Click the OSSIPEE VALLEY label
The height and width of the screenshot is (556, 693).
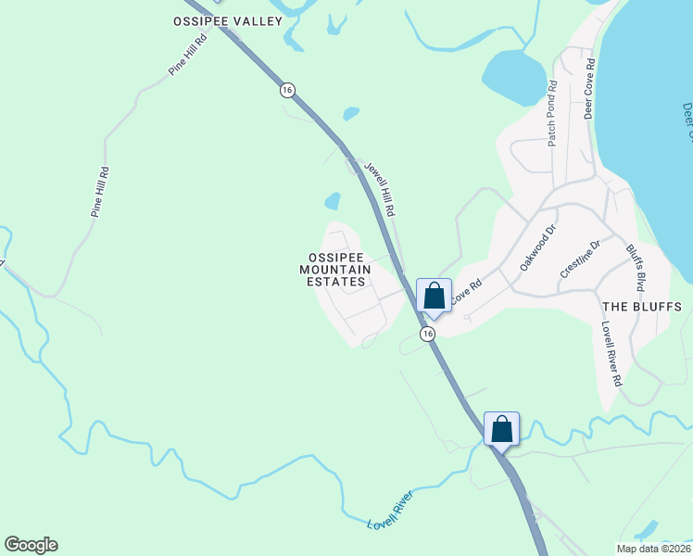(227, 20)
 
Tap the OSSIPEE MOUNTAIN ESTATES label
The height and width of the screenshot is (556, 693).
(334, 269)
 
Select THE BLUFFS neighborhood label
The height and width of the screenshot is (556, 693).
(642, 307)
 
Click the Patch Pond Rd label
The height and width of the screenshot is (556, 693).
(551, 113)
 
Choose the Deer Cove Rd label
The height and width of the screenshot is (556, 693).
(589, 89)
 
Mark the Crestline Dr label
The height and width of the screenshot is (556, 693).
(581, 259)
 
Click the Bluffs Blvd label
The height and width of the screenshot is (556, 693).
(635, 264)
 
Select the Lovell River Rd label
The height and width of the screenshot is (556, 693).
(611, 354)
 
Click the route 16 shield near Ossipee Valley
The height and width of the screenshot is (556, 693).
(287, 90)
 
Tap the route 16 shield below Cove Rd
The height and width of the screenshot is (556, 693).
(427, 334)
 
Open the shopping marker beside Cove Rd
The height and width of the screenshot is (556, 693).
(434, 297)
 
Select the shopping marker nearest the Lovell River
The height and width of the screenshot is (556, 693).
(501, 429)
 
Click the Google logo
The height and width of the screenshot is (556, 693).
(31, 545)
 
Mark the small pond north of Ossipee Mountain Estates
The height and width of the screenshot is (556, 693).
(332, 201)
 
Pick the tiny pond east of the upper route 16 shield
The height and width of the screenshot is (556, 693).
(350, 114)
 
